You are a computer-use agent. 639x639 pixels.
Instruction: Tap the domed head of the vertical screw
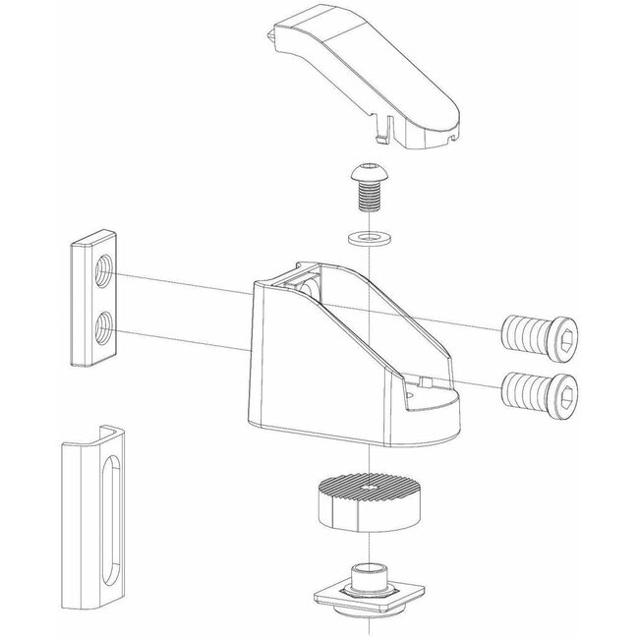click(x=366, y=177)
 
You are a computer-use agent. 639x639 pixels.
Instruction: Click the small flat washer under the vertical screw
click(x=366, y=238)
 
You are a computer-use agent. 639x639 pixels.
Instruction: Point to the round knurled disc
click(x=366, y=501)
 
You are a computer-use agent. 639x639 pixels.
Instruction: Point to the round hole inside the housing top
click(x=308, y=287)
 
